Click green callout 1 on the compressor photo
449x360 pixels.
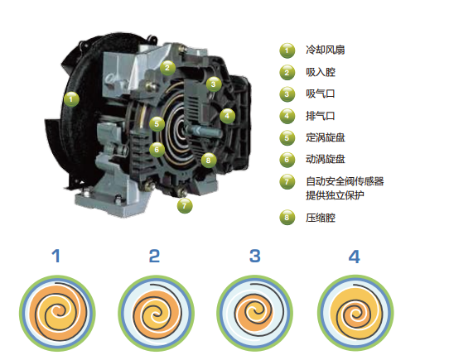tap(71, 99)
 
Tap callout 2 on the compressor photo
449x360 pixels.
tap(167, 68)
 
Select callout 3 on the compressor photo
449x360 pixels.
tap(214, 84)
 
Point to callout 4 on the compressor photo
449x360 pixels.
tap(227, 116)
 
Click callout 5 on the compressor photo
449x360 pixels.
tap(157, 124)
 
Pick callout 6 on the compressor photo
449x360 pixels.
tap(157, 150)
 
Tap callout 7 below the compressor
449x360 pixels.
tap(185, 205)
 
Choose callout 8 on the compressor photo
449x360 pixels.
tap(209, 161)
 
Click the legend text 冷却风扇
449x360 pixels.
tap(326, 50)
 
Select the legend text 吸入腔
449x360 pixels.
tap(321, 72)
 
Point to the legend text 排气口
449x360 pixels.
tap(321, 116)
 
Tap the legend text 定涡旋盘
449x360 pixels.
tap(326, 137)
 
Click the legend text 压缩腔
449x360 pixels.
tap(321, 218)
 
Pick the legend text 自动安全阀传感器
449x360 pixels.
tap(345, 181)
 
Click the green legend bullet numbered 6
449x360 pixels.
tap(287, 160)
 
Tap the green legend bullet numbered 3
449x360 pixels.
tap(287, 94)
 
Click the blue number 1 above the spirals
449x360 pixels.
tap(56, 256)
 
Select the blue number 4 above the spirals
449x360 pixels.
tap(355, 257)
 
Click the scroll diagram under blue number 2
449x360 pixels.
tap(156, 313)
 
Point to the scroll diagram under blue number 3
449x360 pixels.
tap(255, 313)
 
